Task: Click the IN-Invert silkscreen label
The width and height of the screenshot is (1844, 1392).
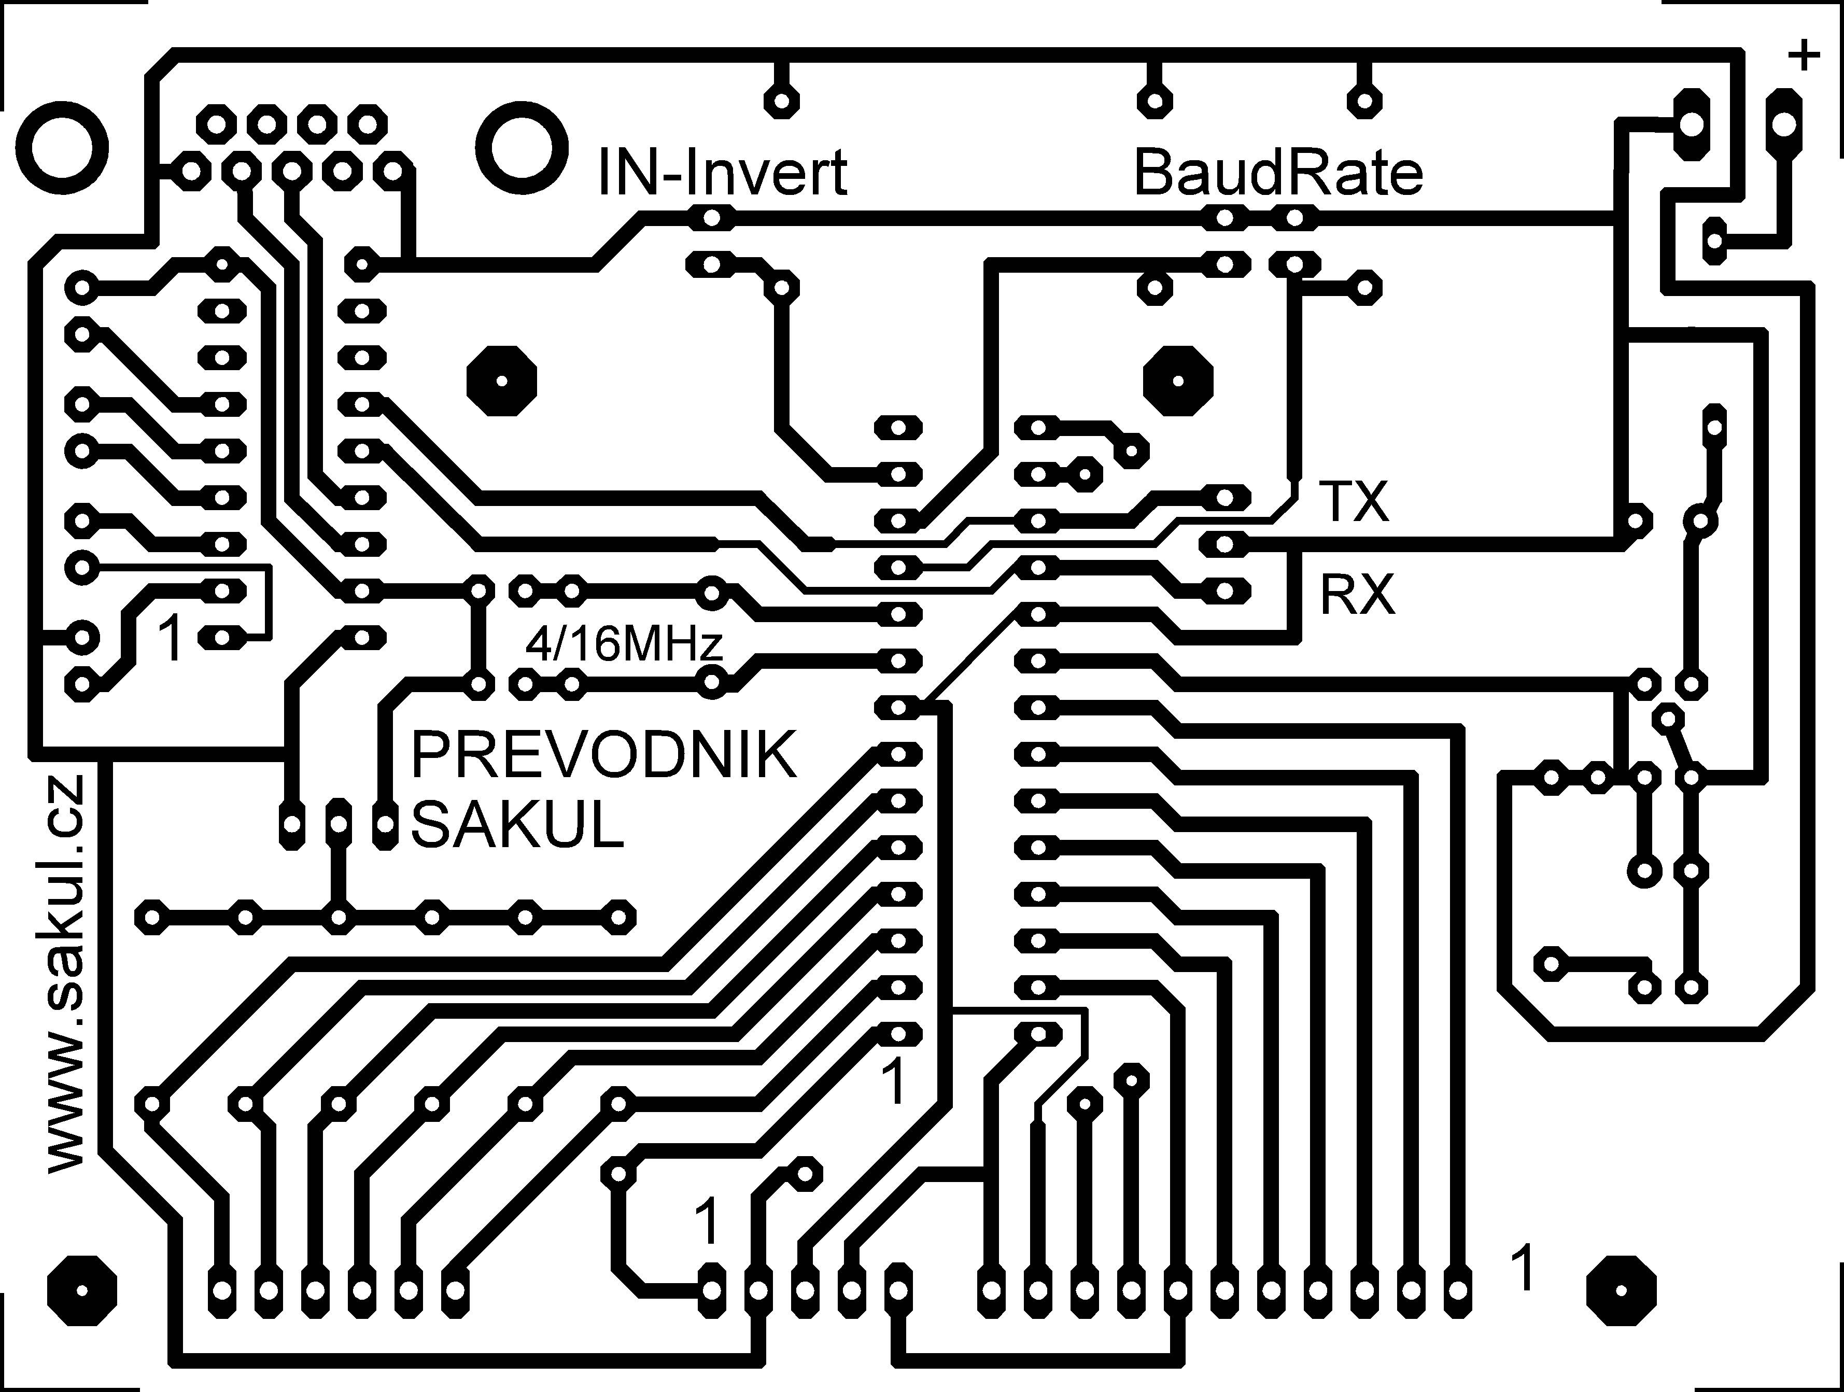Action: pos(723,173)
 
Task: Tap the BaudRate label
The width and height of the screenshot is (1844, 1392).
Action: pos(1278,173)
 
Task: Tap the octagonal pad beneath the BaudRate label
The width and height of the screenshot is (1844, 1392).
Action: pos(1178,381)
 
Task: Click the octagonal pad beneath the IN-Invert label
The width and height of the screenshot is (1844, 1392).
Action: pos(501,381)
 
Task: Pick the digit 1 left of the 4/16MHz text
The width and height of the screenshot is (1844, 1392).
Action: pos(171,639)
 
